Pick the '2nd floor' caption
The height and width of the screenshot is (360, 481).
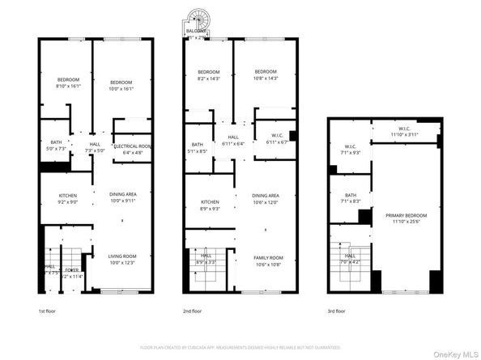tap(192, 310)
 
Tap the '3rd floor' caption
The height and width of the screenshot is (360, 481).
tap(335, 310)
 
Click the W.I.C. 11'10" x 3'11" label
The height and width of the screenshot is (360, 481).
tap(404, 131)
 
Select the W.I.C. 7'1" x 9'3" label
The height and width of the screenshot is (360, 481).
tap(350, 149)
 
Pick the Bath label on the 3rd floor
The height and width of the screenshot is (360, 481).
tap(350, 197)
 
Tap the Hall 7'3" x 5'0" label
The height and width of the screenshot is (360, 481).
tap(96, 147)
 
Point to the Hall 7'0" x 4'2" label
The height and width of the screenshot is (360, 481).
tap(350, 257)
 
